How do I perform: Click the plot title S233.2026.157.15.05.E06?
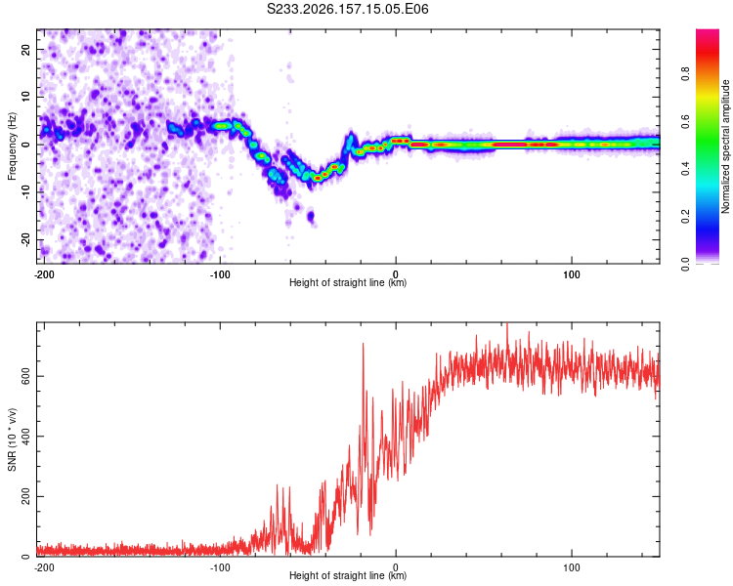(347, 9)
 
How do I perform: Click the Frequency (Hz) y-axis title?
(12, 146)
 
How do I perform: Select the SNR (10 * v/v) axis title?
(12, 439)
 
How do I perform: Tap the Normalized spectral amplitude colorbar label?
(725, 146)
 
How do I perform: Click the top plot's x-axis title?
(348, 282)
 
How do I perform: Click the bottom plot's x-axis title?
(348, 575)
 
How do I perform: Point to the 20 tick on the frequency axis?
(25, 49)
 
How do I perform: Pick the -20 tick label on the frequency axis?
(25, 239)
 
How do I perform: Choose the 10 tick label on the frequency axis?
(25, 97)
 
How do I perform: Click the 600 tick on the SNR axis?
(25, 376)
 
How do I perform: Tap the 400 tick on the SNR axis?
(25, 436)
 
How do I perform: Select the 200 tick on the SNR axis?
(25, 496)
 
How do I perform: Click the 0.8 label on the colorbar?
(685, 74)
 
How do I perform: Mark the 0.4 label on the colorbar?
(685, 169)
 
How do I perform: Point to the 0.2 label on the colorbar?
(685, 217)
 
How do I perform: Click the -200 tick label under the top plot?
(44, 274)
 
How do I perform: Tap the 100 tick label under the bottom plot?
(572, 567)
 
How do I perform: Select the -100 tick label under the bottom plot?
(220, 567)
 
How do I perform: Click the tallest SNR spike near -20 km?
(363, 345)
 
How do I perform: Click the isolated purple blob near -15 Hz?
(311, 217)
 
